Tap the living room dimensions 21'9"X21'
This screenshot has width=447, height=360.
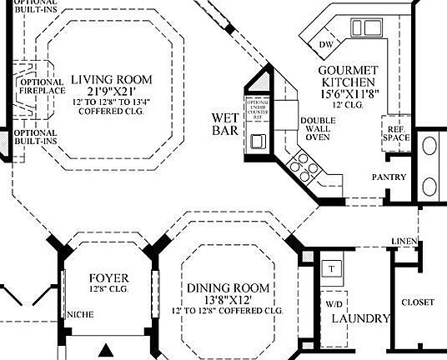click(x=112, y=90)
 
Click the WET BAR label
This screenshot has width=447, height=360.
click(x=225, y=124)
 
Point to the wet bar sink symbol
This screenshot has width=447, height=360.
click(x=257, y=140)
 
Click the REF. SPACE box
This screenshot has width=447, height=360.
click(x=394, y=133)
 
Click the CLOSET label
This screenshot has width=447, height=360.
click(x=418, y=302)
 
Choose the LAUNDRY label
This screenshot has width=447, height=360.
click(x=360, y=319)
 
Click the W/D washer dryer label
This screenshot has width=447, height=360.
click(x=335, y=303)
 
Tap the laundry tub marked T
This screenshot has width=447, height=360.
click(x=331, y=269)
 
